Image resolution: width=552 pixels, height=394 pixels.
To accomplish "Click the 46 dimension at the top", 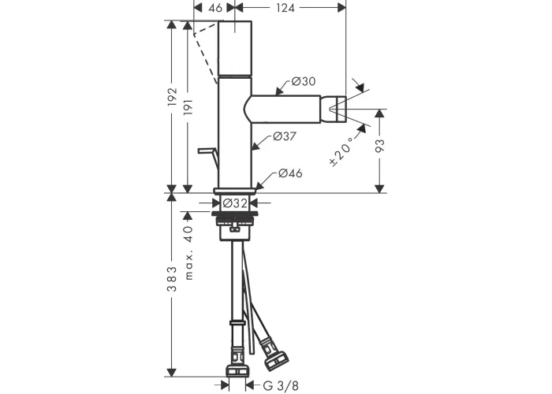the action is [x=215, y=8].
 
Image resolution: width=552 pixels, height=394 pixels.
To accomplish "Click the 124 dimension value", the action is [x=285, y=8].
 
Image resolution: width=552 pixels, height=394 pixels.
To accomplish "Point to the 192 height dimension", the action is [x=172, y=97].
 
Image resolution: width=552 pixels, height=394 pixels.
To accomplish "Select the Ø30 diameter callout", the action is [x=304, y=82].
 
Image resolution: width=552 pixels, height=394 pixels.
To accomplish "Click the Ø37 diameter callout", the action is [x=285, y=136].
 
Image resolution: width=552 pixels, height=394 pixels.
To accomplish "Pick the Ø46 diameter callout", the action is [x=290, y=173].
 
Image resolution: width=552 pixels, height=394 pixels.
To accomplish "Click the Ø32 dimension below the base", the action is [x=235, y=203].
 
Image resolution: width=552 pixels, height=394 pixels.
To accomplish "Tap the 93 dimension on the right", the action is [x=380, y=146].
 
